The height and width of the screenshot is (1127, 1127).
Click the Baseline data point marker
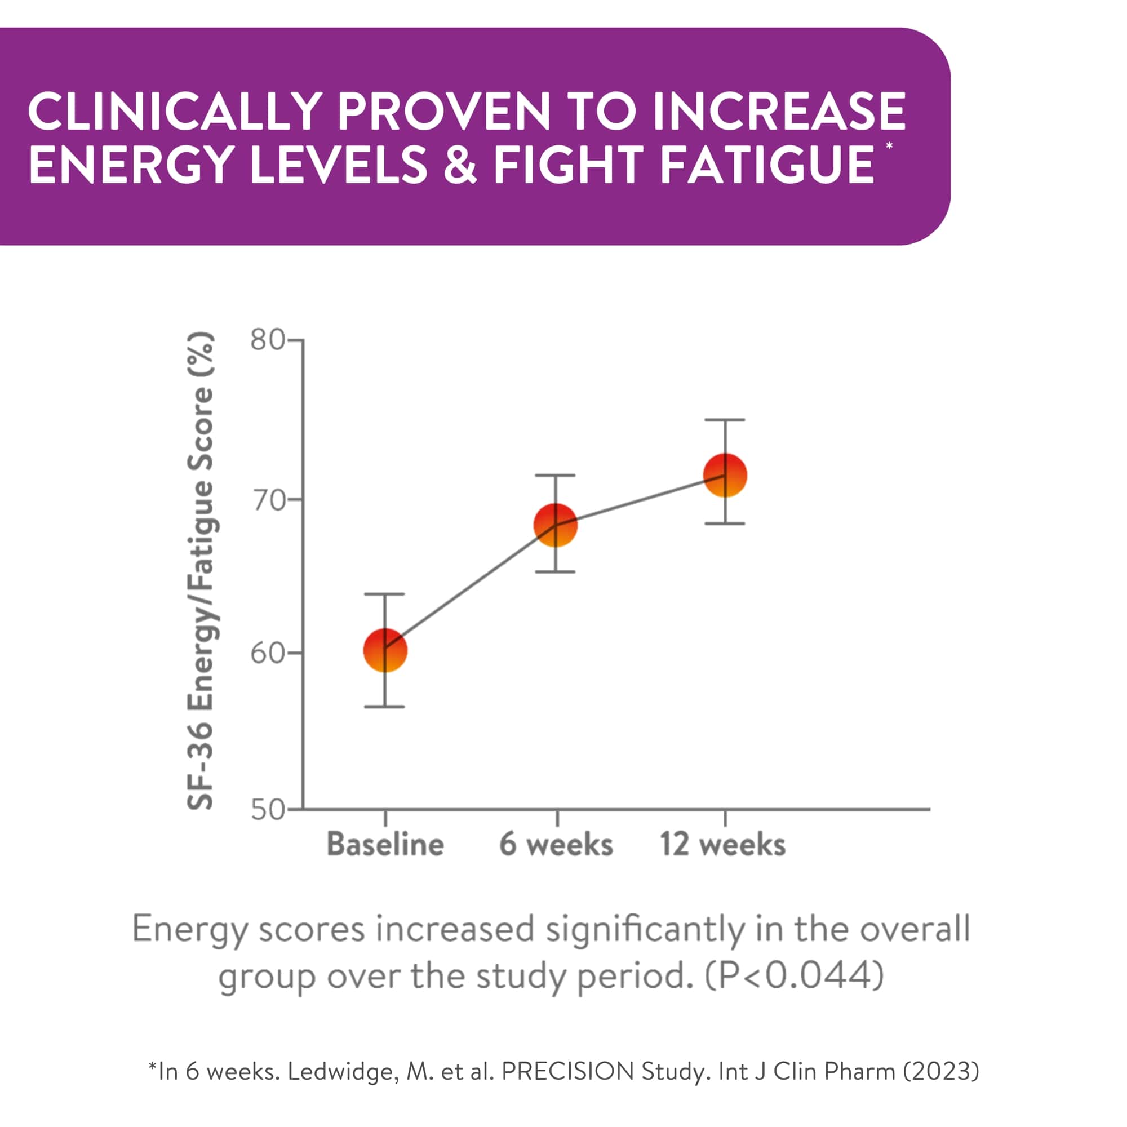(385, 650)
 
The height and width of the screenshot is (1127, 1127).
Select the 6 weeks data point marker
(556, 525)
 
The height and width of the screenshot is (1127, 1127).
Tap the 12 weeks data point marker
(725, 476)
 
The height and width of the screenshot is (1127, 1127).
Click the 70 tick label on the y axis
(268, 500)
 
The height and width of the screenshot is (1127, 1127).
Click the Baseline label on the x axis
(385, 844)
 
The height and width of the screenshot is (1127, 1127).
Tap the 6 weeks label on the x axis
(556, 844)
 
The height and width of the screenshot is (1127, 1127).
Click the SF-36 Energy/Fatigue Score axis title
(200, 571)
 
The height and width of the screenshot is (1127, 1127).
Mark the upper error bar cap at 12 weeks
(725, 420)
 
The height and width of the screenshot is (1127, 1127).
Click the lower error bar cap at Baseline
(385, 707)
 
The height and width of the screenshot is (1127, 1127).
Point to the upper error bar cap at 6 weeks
(556, 476)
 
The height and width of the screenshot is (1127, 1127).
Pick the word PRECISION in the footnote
(567, 1071)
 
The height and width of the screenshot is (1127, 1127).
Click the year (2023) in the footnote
(941, 1071)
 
